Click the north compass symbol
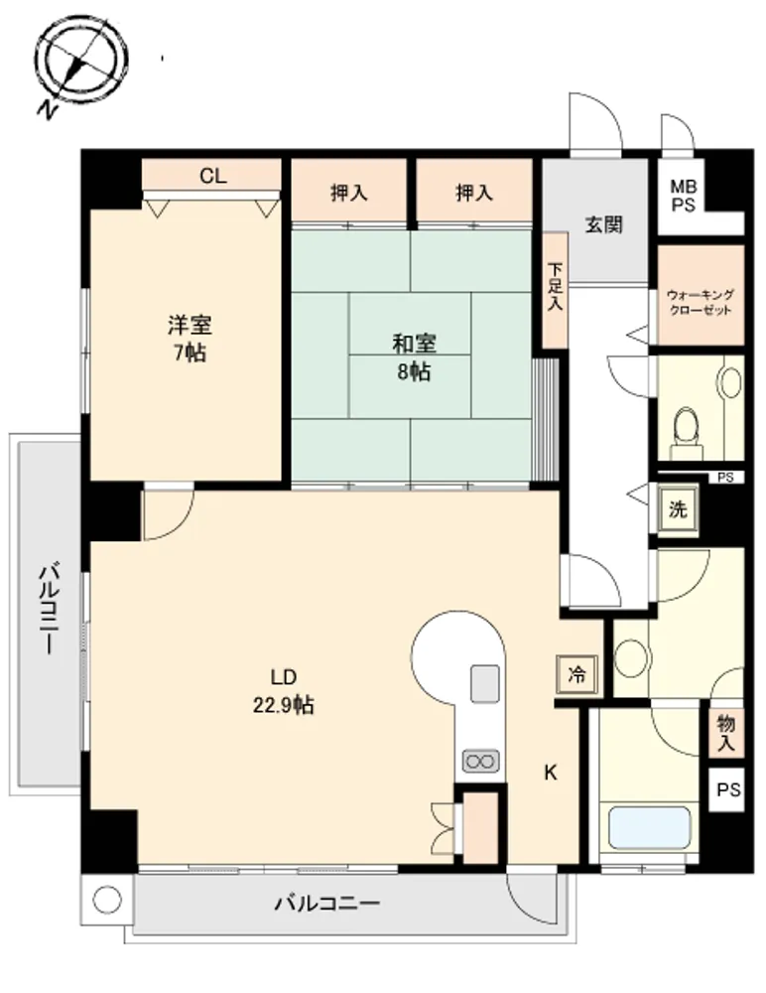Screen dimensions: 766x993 point(81,64)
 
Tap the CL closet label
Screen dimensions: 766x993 point(212,176)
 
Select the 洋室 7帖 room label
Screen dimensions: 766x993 point(190,339)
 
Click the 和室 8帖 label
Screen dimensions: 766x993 point(414,357)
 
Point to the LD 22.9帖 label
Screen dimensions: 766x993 point(284,691)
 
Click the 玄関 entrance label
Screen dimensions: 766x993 point(603,224)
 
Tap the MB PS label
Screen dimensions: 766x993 point(684,196)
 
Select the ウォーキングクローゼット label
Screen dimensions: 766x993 point(701,302)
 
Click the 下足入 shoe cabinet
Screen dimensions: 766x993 point(556,289)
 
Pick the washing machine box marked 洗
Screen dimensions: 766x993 point(678,509)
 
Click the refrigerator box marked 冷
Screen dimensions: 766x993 point(576,674)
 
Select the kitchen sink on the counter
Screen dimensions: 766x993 point(485,683)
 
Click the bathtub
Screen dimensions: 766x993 point(649,827)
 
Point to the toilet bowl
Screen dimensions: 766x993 point(686,431)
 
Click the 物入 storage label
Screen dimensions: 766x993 point(725,733)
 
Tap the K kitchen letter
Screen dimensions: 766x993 point(551,773)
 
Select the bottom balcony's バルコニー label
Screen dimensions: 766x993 point(326,903)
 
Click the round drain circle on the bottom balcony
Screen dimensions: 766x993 point(106,900)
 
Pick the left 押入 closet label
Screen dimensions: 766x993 point(349,193)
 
